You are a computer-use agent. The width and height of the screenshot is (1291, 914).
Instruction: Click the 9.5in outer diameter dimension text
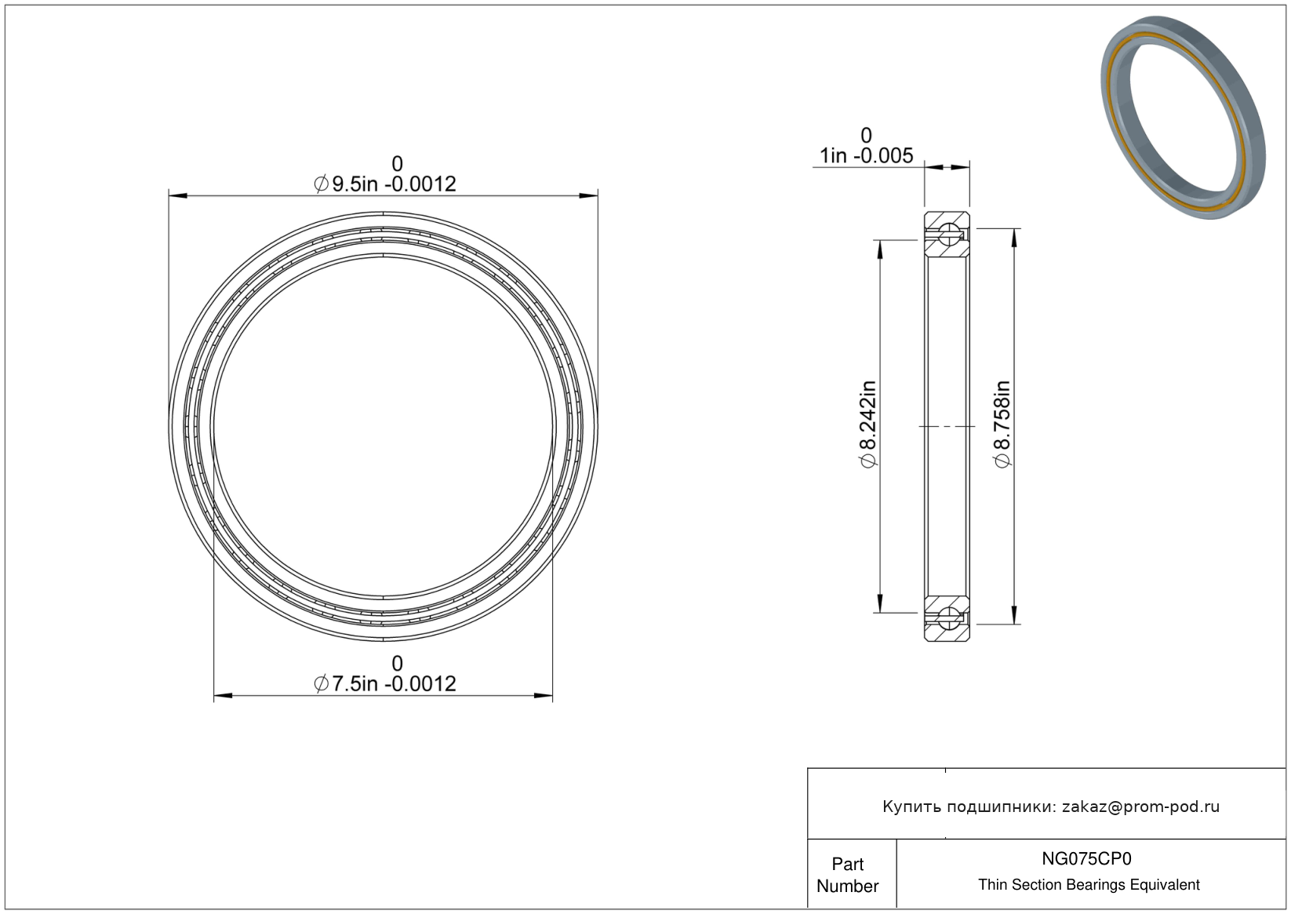click(x=384, y=184)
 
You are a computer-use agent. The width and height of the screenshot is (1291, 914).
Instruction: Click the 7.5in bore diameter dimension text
click(x=384, y=684)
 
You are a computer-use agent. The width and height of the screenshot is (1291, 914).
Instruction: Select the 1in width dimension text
click(x=866, y=155)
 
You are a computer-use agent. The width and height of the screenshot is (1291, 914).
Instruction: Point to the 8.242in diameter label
click(x=868, y=424)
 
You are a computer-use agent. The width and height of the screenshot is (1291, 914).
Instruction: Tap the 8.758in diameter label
click(x=1002, y=424)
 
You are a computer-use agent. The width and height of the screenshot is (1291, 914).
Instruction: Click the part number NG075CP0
click(x=1086, y=859)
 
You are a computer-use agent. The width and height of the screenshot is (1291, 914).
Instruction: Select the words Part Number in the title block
click(x=847, y=875)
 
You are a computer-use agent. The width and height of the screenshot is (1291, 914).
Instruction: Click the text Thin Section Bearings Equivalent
click(x=1089, y=885)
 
